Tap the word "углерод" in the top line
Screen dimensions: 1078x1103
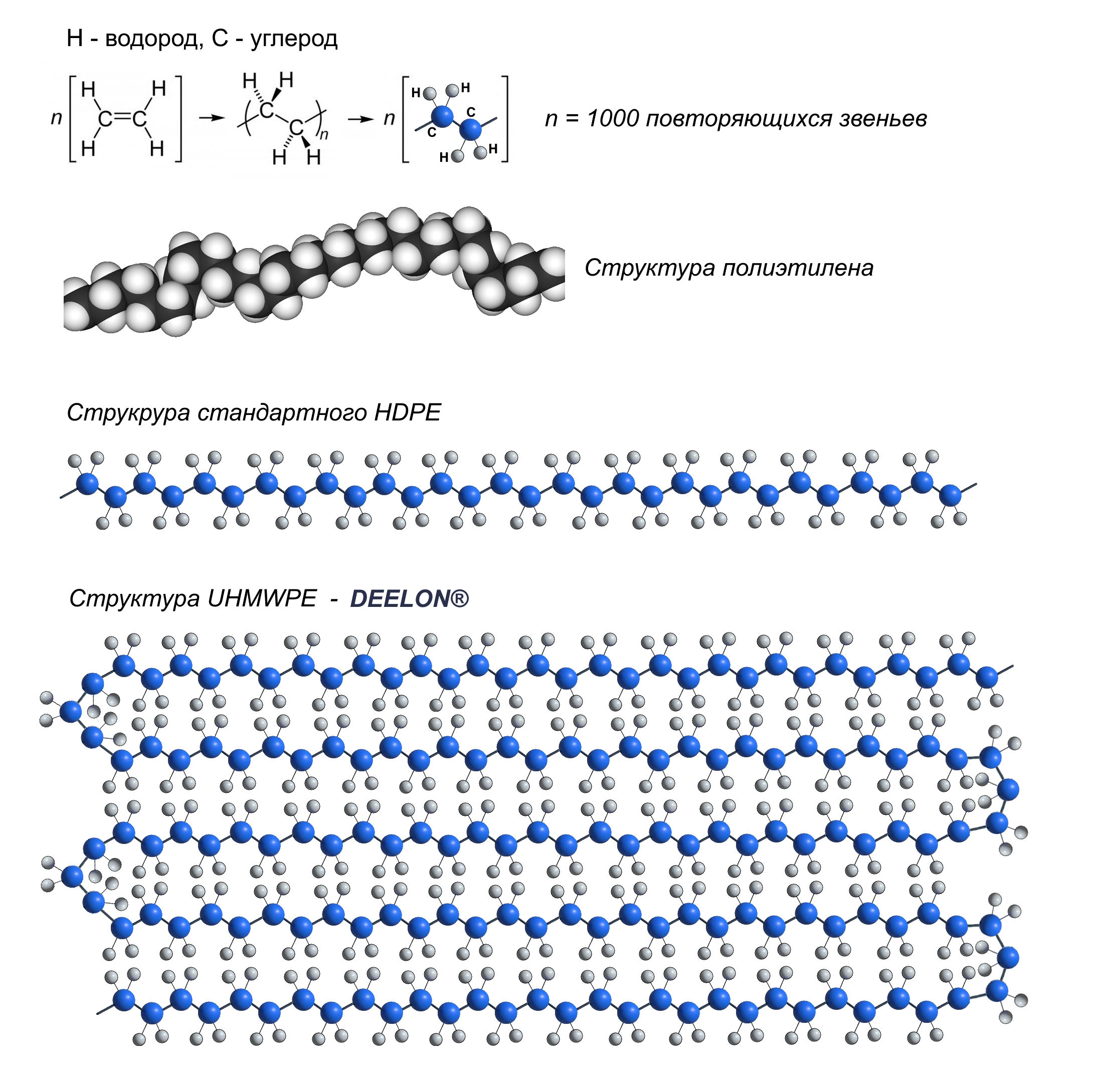tap(293, 39)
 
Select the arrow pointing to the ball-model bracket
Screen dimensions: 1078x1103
tap(360, 119)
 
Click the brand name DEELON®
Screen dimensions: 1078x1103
tap(409, 598)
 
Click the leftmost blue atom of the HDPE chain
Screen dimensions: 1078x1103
tap(87, 484)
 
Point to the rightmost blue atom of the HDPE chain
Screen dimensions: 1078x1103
tap(950, 495)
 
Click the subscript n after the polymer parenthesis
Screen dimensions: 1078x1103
tap(324, 134)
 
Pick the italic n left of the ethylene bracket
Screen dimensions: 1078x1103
tap(56, 118)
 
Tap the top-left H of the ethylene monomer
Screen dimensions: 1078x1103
tap(88, 89)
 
